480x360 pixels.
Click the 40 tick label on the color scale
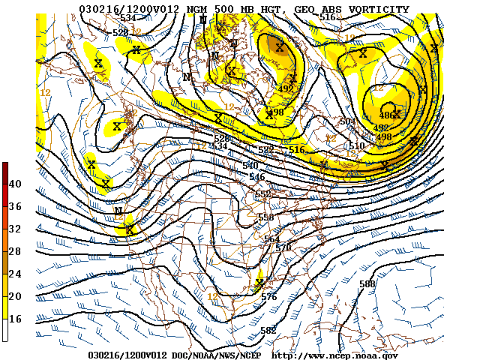click(15, 184)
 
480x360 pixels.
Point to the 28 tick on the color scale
click(15, 251)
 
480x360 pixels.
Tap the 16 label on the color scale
click(15, 319)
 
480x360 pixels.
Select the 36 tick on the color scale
click(15, 206)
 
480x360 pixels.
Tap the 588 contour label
click(367, 283)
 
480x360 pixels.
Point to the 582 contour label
click(268, 331)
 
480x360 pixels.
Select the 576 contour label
click(269, 297)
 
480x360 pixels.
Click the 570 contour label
click(283, 247)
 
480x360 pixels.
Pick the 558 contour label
click(265, 217)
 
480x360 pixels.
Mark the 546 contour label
click(257, 177)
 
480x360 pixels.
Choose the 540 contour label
click(250, 165)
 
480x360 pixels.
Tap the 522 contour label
click(266, 151)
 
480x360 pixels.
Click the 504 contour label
click(346, 121)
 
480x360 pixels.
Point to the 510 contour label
click(356, 145)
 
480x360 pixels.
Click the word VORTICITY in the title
click(373, 9)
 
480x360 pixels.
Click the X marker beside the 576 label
click(259, 283)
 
